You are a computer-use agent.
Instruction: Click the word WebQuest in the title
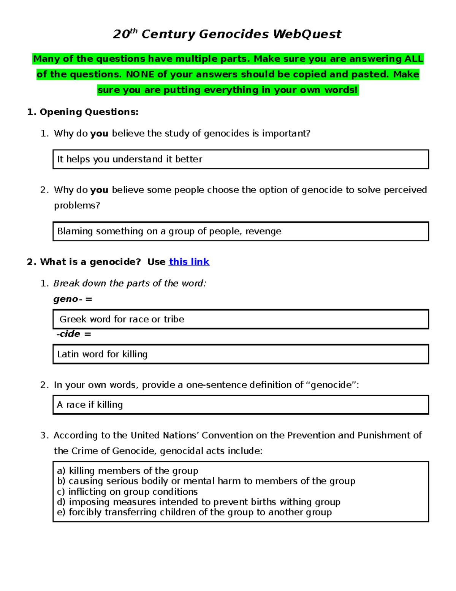(307, 34)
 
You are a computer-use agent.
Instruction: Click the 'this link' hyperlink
(189, 262)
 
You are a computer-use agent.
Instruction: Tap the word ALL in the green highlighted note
(413, 59)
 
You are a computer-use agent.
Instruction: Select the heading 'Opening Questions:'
(89, 112)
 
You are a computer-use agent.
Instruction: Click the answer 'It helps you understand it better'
(130, 159)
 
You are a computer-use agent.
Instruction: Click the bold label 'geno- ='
(73, 299)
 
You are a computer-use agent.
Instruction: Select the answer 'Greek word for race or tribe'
(122, 319)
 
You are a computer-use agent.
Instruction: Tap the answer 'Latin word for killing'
(102, 354)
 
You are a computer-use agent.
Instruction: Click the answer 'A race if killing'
(90, 405)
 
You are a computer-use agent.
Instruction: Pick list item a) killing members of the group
(128, 471)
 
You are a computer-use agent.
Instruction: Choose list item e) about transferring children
(194, 512)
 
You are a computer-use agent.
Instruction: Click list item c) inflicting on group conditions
(127, 492)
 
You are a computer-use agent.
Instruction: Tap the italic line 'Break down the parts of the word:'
(130, 283)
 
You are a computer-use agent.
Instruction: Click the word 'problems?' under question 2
(77, 205)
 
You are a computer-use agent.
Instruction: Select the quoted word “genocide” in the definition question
(331, 385)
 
